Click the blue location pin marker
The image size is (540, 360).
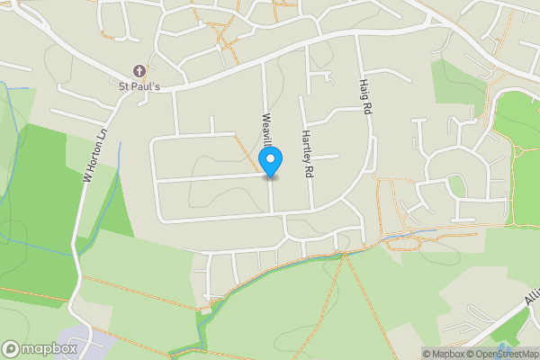tap(271, 161)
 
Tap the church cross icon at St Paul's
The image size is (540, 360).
tap(139, 70)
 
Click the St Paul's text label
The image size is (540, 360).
tap(139, 87)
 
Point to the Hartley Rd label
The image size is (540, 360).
tap(306, 151)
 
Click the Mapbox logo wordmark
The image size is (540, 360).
tap(49, 348)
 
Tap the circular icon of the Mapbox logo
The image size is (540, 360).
tap(11, 348)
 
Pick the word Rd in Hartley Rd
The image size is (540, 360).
tap(307, 169)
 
